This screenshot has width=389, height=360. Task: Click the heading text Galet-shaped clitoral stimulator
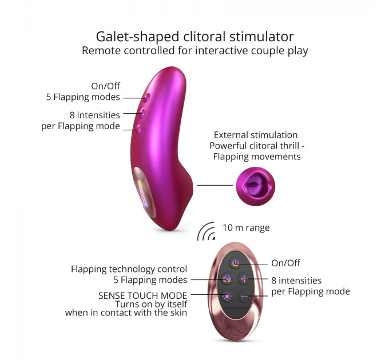pyautogui.click(x=194, y=37)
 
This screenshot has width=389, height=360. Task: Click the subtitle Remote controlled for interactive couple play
pyautogui.click(x=194, y=51)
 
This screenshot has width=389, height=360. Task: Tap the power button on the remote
pyautogui.click(x=235, y=263)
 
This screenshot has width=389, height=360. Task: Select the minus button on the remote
pyautogui.click(x=244, y=296)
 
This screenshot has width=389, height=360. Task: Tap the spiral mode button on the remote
pyautogui.click(x=227, y=279)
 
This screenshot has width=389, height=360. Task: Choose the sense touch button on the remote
pyautogui.click(x=227, y=296)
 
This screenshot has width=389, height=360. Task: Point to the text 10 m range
pyautogui.click(x=246, y=228)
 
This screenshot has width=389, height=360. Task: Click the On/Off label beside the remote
pyautogui.click(x=285, y=263)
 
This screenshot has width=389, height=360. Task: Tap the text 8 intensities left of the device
pyautogui.click(x=95, y=115)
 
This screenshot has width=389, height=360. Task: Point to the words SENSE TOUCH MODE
pyautogui.click(x=143, y=294)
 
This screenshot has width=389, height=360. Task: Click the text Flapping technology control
pyautogui.click(x=129, y=269)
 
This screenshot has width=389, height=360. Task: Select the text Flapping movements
pyautogui.click(x=256, y=156)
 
